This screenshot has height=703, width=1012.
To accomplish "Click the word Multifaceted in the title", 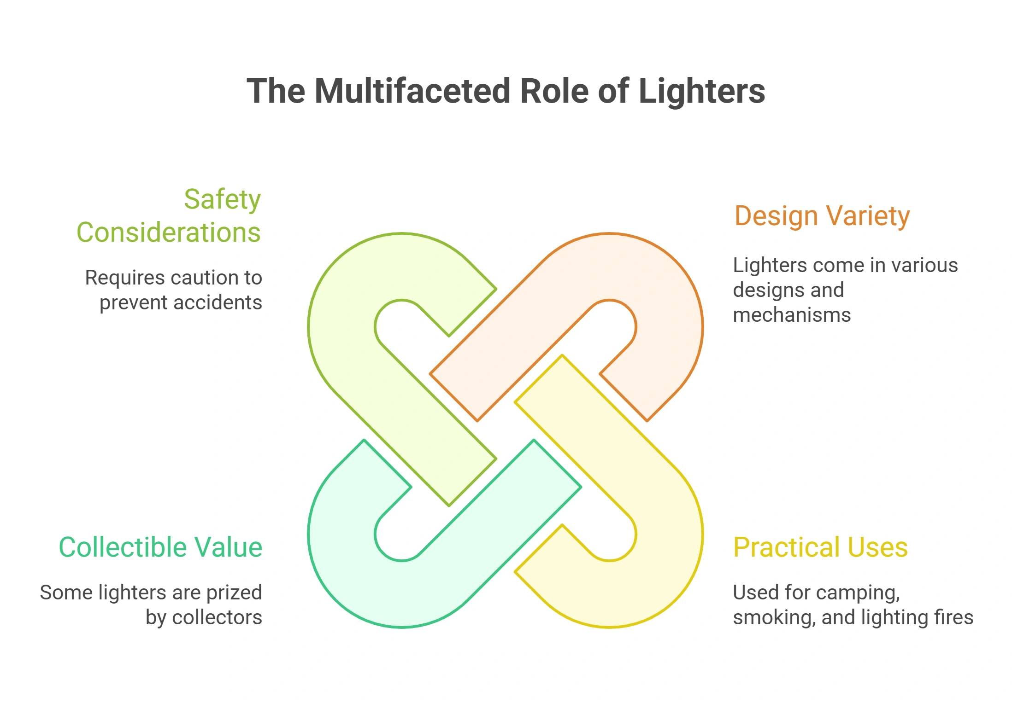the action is (x=412, y=91).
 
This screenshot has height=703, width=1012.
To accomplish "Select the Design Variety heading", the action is (x=822, y=216).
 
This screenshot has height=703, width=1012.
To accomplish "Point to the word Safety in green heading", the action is (x=223, y=199).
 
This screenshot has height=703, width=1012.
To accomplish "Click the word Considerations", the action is (x=169, y=232).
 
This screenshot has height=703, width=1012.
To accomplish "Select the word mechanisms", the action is (x=792, y=315).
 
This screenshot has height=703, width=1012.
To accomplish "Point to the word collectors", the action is (x=217, y=617).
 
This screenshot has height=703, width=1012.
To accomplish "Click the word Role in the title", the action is (x=554, y=91).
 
